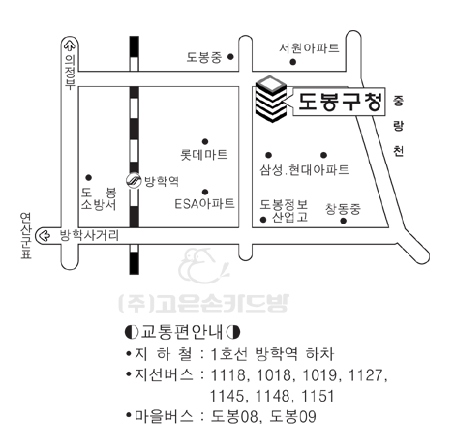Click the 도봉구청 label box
[339, 102]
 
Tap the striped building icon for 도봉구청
[271, 99]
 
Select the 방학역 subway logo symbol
[134, 181]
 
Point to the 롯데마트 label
[204, 155]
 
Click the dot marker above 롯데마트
[205, 141]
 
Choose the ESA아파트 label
[204, 204]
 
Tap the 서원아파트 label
[309, 48]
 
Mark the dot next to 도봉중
[230, 57]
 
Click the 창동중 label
[343, 209]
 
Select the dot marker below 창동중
[344, 221]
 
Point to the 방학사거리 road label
[89, 235]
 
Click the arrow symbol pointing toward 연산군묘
[44, 236]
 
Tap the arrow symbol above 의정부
[70, 45]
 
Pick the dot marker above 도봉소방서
[89, 177]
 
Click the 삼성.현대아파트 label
[304, 170]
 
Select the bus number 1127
[366, 375]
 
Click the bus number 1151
[318, 396]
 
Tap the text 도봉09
[292, 416]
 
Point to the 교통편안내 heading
[182, 332]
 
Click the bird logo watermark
[204, 266]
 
